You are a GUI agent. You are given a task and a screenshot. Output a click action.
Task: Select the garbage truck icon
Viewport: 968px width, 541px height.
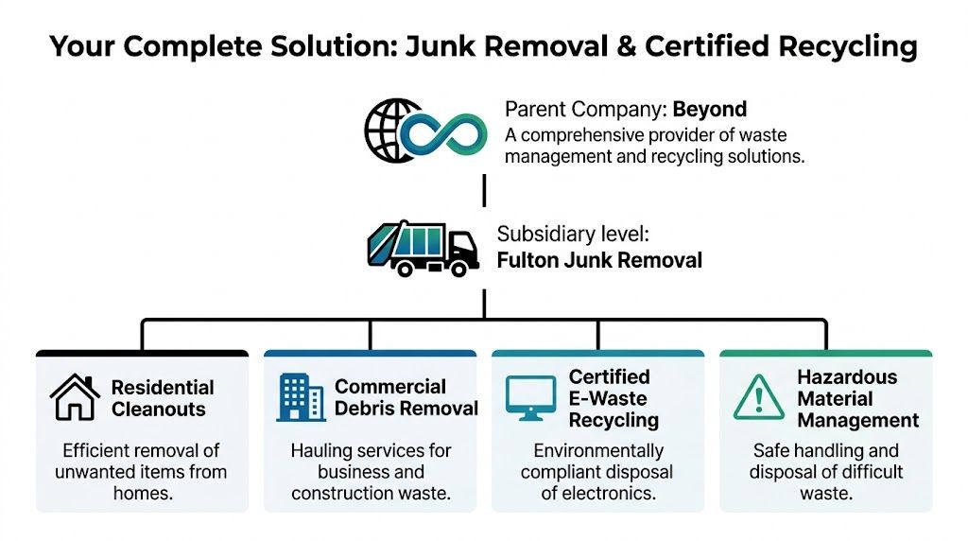(422, 247)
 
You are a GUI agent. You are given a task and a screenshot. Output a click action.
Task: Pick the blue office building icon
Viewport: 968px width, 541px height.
(301, 397)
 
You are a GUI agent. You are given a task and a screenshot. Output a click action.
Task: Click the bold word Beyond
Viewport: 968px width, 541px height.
(710, 109)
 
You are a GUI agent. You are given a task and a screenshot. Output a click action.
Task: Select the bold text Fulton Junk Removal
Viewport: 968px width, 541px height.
(599, 259)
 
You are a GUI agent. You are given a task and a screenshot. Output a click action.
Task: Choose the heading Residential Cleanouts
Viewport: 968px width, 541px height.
(163, 398)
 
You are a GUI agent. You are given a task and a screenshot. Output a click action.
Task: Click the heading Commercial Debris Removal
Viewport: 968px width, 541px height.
(406, 397)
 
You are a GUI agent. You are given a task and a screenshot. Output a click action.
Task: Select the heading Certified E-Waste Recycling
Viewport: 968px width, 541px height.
(614, 398)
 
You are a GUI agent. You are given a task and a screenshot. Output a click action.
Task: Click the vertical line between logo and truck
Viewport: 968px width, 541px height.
(484, 189)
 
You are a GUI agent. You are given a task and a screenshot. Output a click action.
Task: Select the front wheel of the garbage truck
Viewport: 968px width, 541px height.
(460, 269)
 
